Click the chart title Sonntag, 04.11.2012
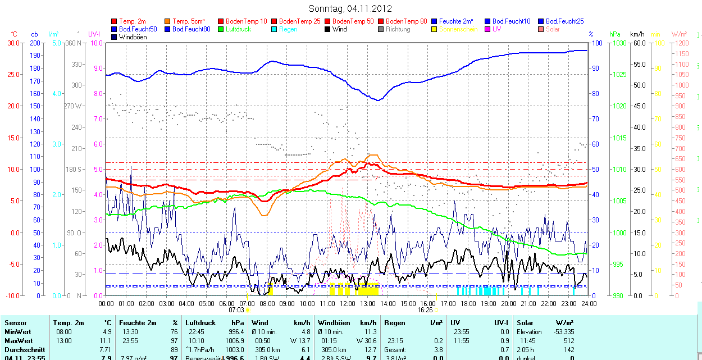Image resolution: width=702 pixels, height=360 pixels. (x=350, y=8)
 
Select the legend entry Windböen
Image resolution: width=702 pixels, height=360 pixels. (x=133, y=37)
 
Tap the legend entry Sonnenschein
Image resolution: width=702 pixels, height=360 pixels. (x=458, y=29)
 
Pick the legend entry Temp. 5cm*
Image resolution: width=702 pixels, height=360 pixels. (x=188, y=21)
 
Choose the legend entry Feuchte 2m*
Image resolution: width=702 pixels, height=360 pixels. (x=458, y=21)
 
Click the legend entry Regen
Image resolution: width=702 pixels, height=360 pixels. (x=288, y=29)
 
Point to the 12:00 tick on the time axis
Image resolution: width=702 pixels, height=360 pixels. (x=348, y=303)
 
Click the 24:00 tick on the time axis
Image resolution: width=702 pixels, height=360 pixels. (x=589, y=303)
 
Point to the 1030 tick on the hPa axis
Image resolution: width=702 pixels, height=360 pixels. (x=619, y=43)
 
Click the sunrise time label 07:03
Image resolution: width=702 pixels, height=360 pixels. (x=236, y=309)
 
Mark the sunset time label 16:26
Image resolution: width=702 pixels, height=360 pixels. (x=425, y=309)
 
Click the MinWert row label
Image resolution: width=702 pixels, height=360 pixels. (x=18, y=332)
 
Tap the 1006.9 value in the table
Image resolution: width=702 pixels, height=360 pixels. (x=234, y=341)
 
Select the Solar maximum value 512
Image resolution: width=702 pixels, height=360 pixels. (x=569, y=341)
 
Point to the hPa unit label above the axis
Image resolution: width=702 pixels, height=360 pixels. (x=616, y=34)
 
